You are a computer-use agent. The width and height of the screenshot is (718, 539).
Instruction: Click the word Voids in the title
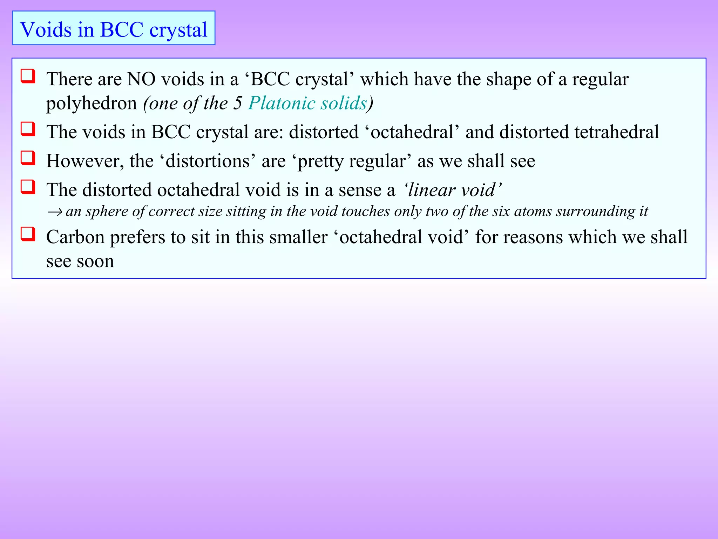point(46,29)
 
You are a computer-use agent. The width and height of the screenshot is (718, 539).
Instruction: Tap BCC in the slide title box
point(122,29)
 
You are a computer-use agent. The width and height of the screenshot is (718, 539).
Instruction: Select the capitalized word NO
point(141,79)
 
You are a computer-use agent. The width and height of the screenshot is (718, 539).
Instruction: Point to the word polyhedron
point(92,104)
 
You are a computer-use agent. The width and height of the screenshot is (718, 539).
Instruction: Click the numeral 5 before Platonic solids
point(238,103)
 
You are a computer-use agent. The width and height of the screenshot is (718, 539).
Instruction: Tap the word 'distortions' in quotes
point(208,161)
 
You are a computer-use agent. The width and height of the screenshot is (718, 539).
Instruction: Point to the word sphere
point(107,212)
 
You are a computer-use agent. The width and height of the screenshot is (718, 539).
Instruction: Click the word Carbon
point(75,237)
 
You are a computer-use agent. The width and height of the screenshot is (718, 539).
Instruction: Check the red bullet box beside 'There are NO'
point(28,76)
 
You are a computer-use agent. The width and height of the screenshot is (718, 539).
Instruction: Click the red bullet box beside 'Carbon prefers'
point(28,234)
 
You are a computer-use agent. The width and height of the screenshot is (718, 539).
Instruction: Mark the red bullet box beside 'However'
point(28,158)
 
